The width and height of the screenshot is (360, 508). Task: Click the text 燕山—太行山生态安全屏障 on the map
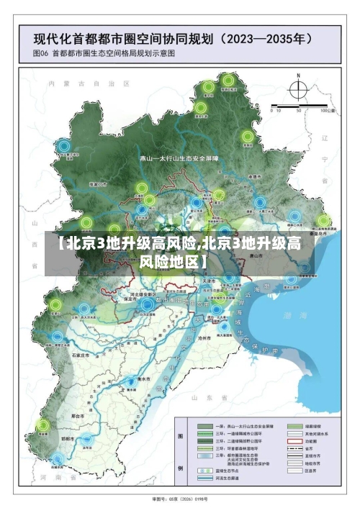point(179,157)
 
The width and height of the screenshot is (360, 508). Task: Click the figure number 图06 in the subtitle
point(40,53)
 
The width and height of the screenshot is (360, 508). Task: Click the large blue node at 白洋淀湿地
point(148,305)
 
